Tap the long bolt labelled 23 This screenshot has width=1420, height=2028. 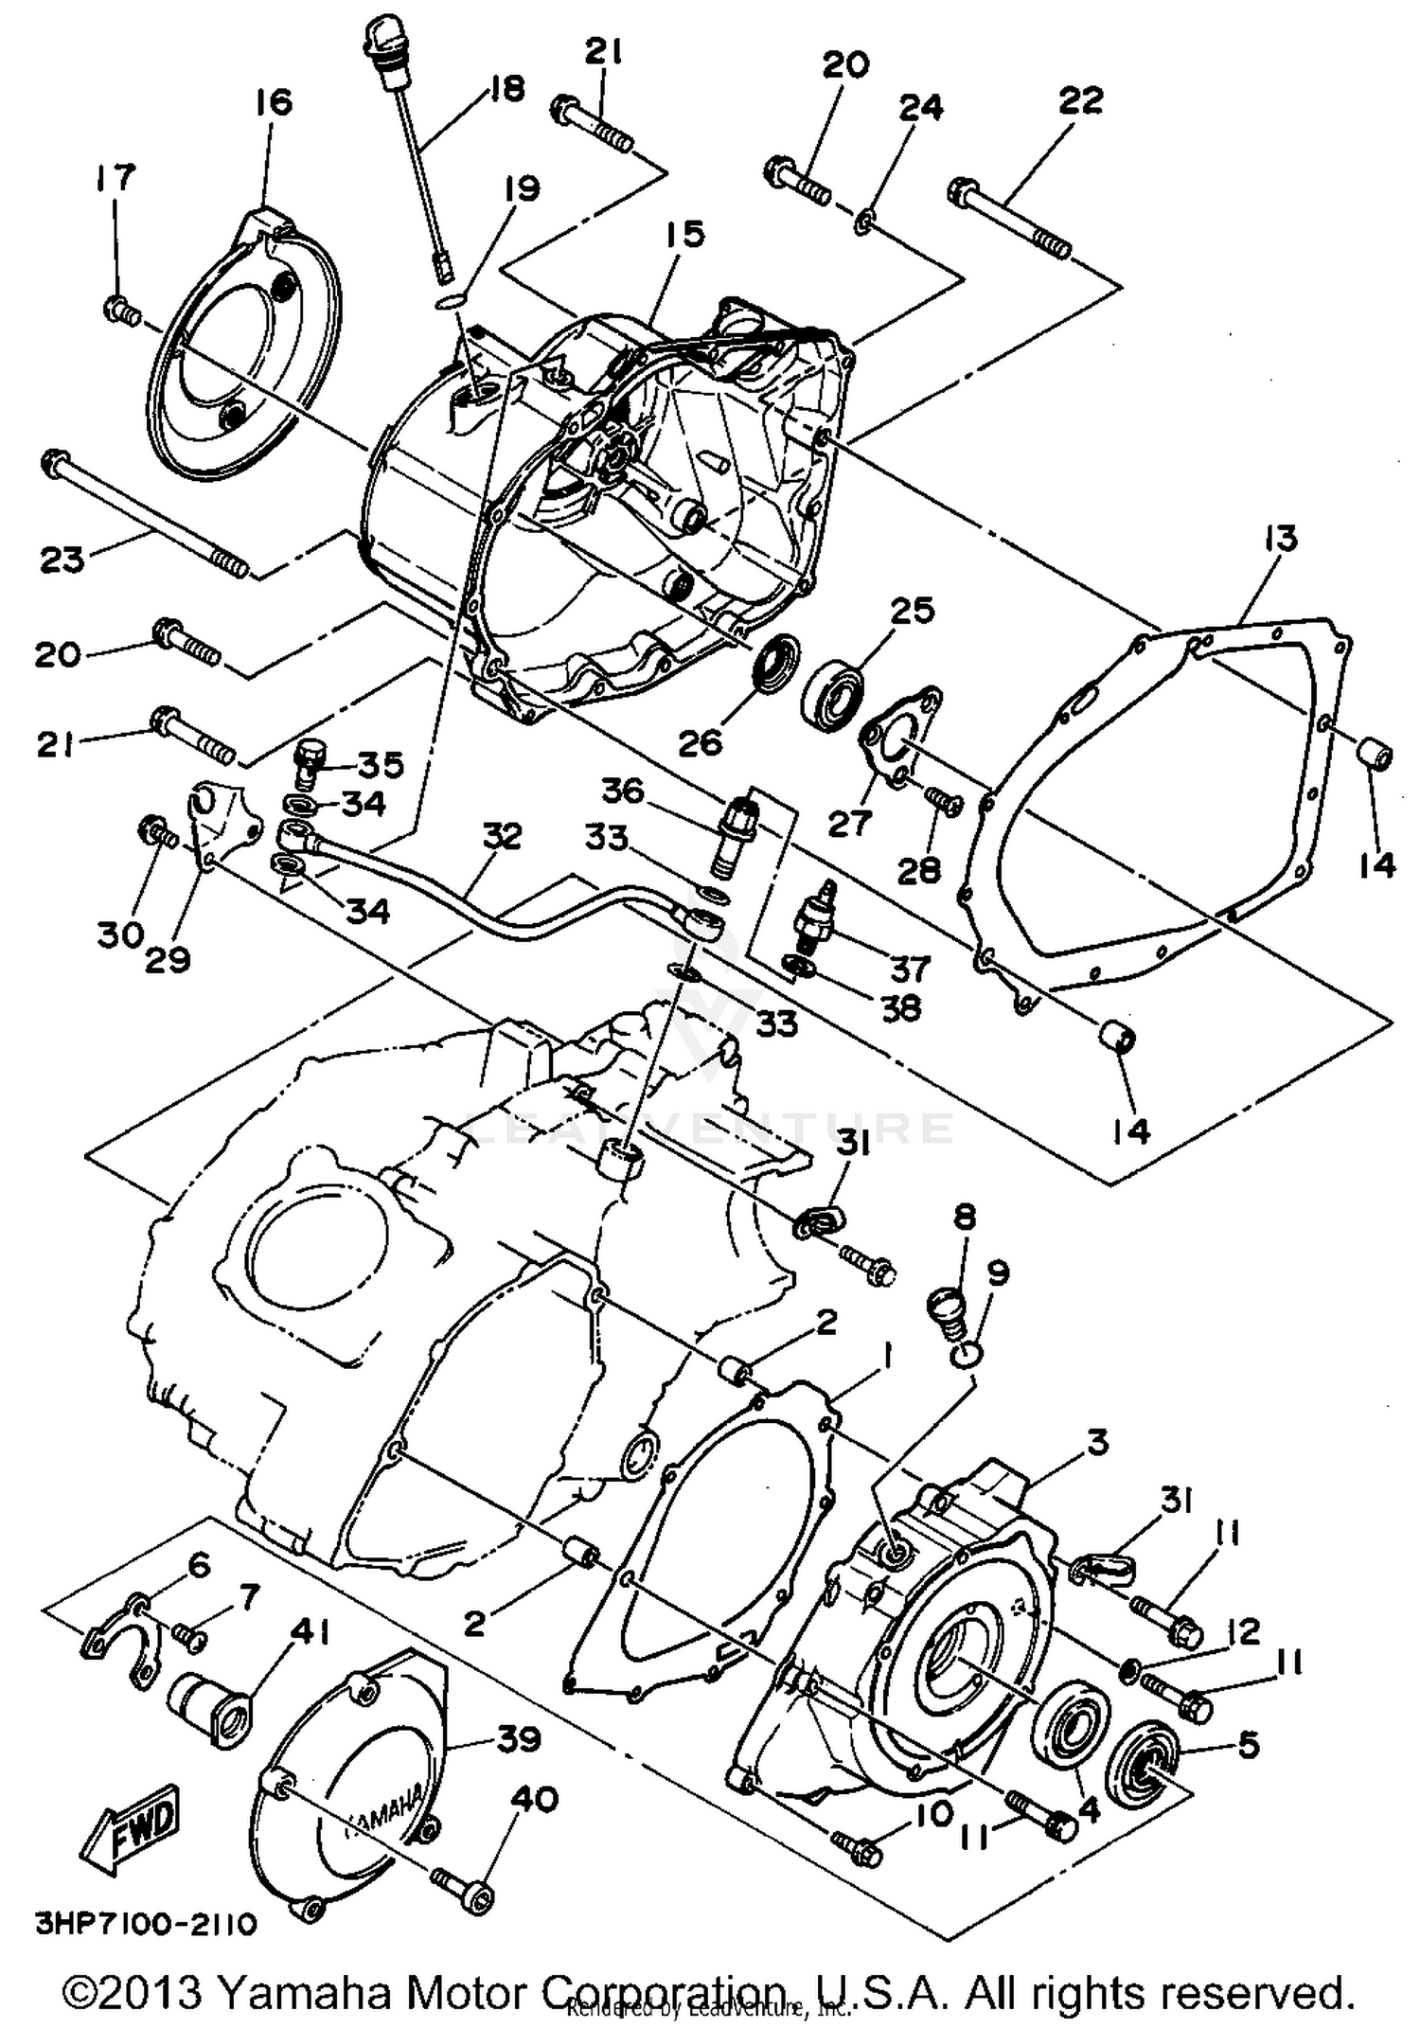tap(142, 517)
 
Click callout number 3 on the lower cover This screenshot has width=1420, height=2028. tap(1097, 1443)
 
